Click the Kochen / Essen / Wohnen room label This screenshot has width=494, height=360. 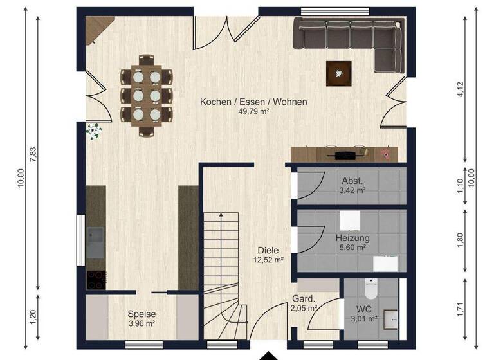[x=253, y=102]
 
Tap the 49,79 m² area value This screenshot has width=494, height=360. [x=253, y=111]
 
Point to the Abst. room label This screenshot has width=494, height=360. [x=352, y=181]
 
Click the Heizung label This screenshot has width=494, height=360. [x=352, y=238]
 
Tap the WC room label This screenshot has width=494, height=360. [x=364, y=309]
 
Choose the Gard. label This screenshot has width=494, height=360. [x=304, y=299]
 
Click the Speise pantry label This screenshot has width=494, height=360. [x=141, y=314]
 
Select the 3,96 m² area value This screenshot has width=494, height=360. [x=141, y=324]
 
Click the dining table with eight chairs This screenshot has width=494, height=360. [x=147, y=95]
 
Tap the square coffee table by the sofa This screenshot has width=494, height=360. [x=338, y=73]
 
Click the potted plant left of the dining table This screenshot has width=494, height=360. [x=95, y=132]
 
